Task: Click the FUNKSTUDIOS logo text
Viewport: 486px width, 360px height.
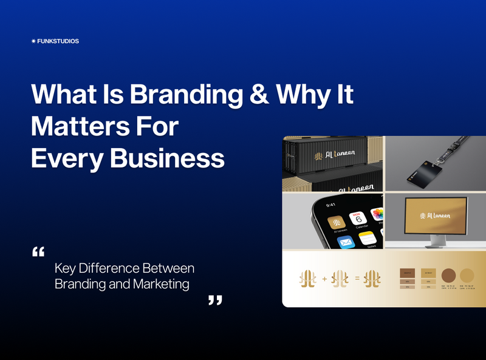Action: pos(58,41)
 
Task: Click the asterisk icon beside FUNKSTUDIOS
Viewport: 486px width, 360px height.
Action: pos(33,41)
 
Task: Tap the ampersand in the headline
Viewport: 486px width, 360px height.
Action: pos(255,95)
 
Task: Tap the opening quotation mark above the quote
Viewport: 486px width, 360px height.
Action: pos(38,251)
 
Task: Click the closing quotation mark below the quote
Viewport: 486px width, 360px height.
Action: pos(215,300)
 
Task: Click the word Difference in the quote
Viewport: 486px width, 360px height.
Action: pos(106,268)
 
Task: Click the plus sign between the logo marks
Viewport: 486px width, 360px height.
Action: pos(324,279)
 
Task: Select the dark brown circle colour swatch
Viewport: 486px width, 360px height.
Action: pos(450,274)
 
